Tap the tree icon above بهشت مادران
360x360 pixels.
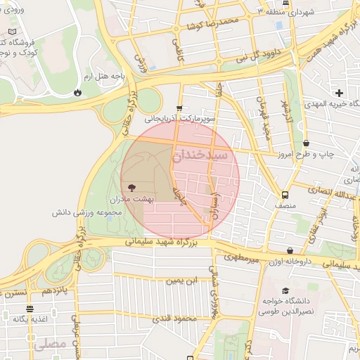click(x=131, y=188)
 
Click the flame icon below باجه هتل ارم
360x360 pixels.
click(x=77, y=92)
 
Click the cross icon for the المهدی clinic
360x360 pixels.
click(x=340, y=92)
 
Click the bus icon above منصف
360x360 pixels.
click(x=285, y=195)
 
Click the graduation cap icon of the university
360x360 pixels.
click(x=285, y=291)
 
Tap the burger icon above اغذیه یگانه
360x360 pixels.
click(x=30, y=309)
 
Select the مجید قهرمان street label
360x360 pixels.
click(x=263, y=116)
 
